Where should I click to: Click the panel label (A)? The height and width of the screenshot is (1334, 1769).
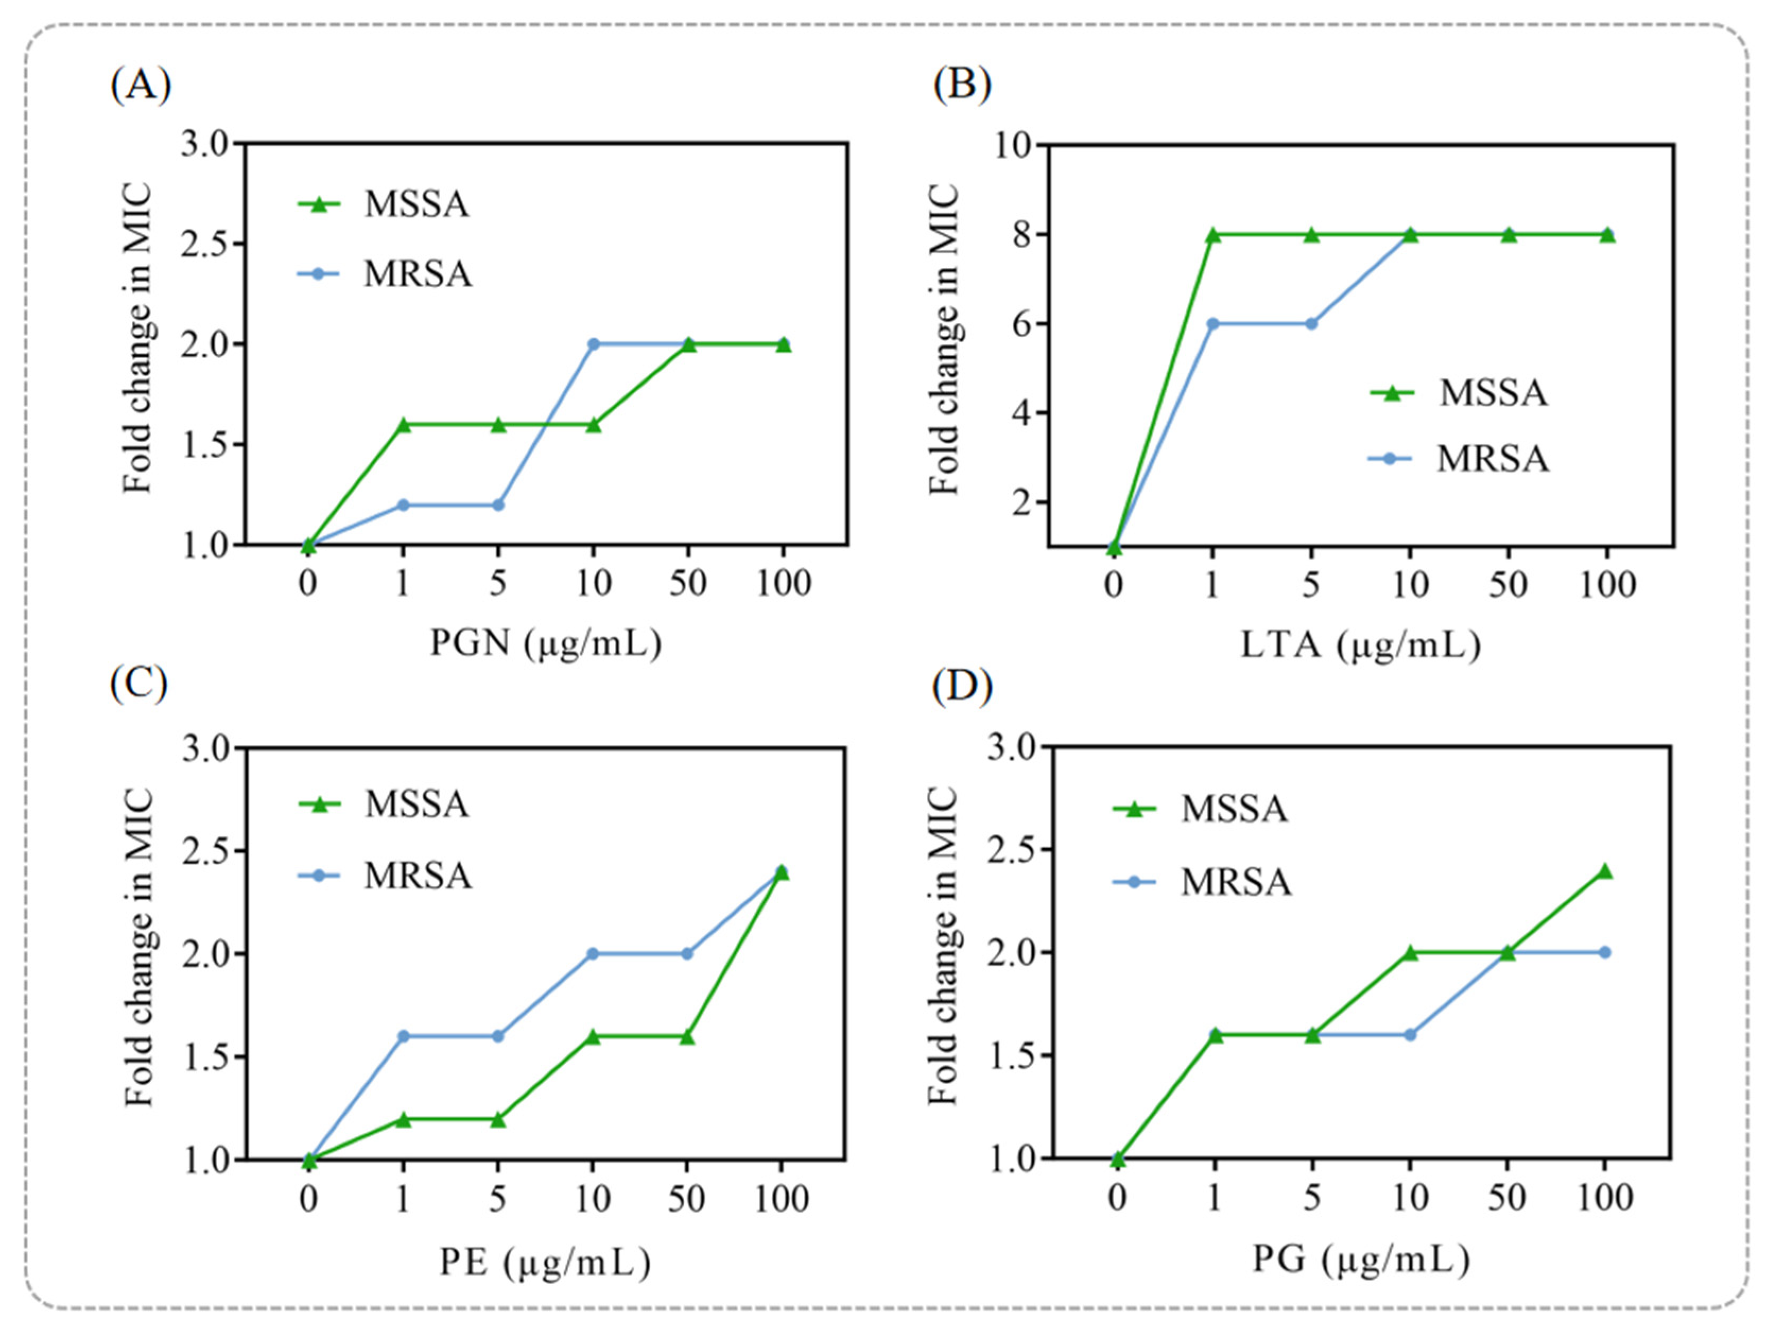140,85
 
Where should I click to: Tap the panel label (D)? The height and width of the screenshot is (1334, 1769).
962,686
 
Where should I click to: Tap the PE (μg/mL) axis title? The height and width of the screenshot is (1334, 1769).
545,1262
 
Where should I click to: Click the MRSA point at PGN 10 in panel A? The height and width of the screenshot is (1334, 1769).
593,344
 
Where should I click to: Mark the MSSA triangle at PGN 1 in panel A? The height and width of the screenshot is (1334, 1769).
403,425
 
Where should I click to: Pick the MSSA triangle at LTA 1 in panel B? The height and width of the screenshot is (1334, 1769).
1213,235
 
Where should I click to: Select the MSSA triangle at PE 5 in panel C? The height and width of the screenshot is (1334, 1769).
497,1120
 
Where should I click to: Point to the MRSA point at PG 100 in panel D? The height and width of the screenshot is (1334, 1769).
1605,952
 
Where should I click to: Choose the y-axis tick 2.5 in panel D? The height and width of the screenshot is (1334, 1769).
1011,850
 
